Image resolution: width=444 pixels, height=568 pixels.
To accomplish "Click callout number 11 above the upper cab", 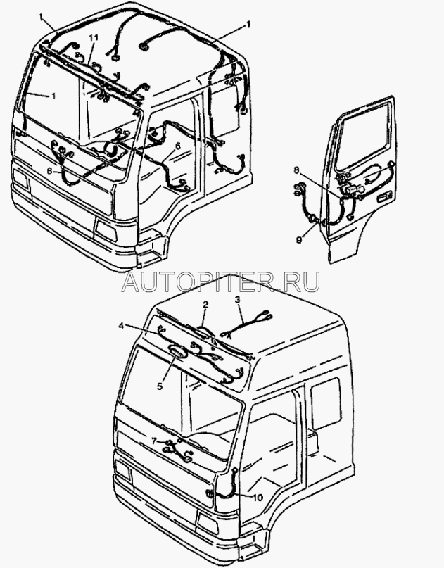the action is point(94,37).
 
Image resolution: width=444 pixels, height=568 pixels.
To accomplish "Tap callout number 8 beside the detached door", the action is point(297,169).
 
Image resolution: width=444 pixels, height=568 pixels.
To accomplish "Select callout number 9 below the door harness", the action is point(299,240).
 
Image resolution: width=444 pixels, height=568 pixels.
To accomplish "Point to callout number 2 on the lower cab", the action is point(205,305).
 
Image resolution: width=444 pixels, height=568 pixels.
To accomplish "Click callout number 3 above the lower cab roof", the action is point(237,300).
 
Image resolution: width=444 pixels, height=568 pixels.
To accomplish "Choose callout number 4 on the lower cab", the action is point(121,326).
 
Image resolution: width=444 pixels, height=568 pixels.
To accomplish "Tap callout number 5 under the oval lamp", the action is point(159,386).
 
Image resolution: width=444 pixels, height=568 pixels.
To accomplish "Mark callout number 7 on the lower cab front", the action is point(154,441).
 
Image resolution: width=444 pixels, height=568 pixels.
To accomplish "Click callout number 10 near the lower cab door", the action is point(258,498).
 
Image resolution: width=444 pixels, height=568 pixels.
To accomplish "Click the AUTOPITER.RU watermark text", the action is point(221,282).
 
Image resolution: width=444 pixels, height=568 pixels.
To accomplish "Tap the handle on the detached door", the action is point(384,197).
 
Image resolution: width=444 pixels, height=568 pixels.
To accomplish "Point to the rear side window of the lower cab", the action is point(326,403).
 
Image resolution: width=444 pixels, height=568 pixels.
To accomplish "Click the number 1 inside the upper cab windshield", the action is point(53,96).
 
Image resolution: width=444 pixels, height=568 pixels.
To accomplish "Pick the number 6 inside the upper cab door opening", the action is point(177,146).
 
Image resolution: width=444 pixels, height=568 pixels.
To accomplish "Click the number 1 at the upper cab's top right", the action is point(248,25).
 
